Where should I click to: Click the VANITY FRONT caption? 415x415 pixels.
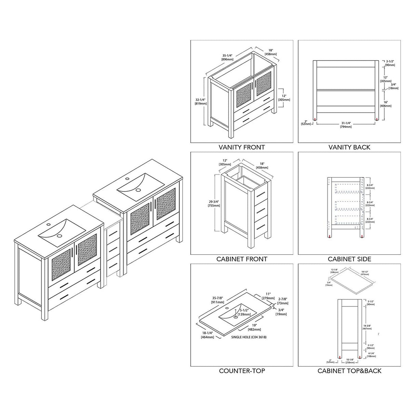click(242, 147)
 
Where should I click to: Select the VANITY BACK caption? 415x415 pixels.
click(349, 147)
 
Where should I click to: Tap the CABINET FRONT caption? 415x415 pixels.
click(242, 259)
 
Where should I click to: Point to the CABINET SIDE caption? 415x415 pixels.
click(349, 259)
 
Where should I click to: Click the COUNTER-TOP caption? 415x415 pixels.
click(242, 371)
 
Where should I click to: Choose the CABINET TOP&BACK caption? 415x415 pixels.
click(349, 371)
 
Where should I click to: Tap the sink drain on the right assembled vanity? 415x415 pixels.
click(138, 189)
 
